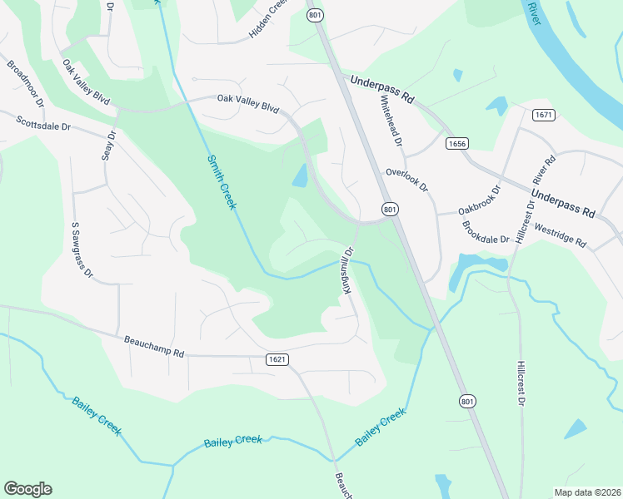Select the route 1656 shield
[456, 143]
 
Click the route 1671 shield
[545, 115]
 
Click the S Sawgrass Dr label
[82, 249]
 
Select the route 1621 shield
[278, 359]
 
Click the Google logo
[27, 489]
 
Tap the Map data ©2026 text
[586, 492]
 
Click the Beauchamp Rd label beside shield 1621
[154, 348]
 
